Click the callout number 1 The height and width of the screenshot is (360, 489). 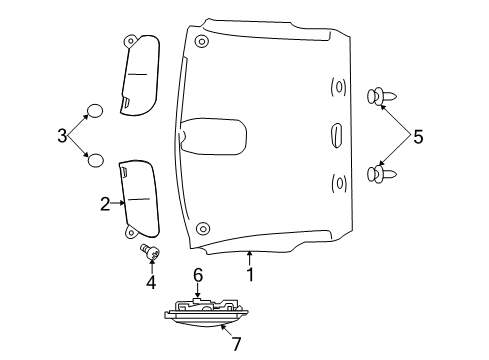point(250,272)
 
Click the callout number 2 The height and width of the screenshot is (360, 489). point(104,204)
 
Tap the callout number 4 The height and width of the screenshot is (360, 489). point(151,283)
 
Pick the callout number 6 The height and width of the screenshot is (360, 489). point(198,273)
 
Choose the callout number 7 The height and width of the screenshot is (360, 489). point(237,344)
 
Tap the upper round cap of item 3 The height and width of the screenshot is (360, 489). point(94,110)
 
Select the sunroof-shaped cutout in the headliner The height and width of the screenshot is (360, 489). point(213,138)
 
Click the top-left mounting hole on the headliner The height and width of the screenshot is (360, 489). point(203,42)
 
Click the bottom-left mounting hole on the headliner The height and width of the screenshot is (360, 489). point(203,227)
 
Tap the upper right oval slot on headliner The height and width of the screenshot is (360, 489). point(338,87)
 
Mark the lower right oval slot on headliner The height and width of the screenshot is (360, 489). point(338,182)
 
